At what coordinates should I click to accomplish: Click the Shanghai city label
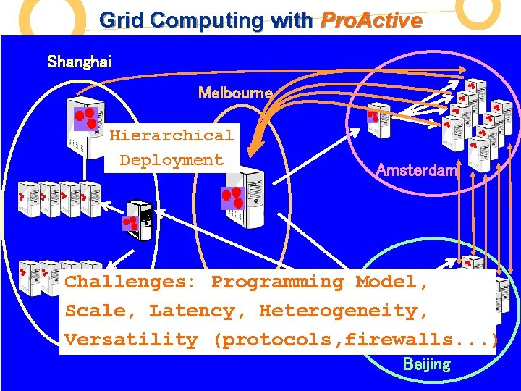(x=79, y=61)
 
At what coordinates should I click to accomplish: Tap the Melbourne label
(x=235, y=93)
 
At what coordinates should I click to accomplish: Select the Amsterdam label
(x=418, y=170)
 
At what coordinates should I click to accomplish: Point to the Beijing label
(x=426, y=364)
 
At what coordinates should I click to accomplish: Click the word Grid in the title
(x=119, y=20)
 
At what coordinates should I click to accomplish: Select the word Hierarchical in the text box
(x=171, y=135)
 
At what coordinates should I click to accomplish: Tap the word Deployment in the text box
(x=171, y=160)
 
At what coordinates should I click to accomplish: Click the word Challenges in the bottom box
(x=132, y=282)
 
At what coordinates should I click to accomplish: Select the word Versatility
(x=131, y=340)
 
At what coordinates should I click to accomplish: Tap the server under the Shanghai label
(x=85, y=119)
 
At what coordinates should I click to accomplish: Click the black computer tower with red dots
(x=138, y=220)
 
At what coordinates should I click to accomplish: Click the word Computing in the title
(x=216, y=20)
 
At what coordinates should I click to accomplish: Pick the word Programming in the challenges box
(x=277, y=282)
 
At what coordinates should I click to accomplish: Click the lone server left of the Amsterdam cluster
(x=378, y=119)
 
